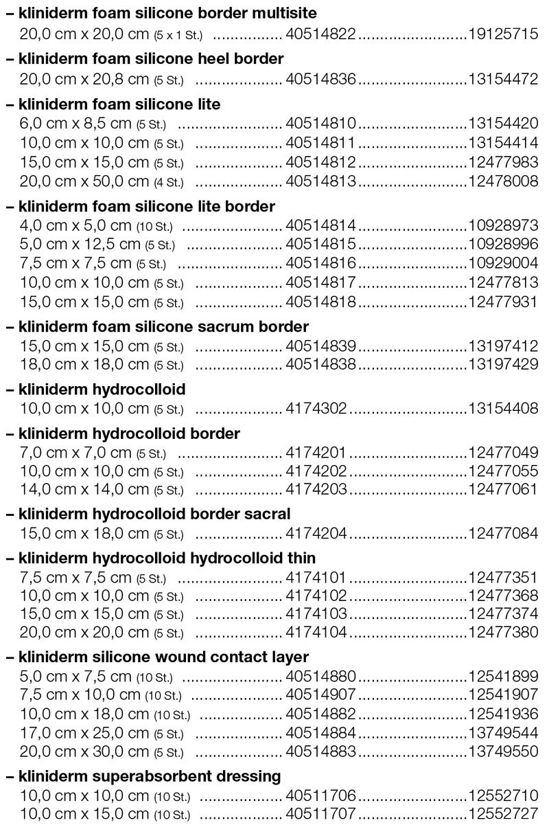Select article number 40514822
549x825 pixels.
tap(320, 34)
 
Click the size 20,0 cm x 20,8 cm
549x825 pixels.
tap(84, 80)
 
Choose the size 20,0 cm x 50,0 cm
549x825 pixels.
tap(84, 181)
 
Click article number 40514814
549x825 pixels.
tap(320, 225)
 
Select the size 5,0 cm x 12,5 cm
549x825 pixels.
tap(80, 245)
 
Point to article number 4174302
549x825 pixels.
tap(316, 409)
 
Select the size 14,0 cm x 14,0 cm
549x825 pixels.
tap(84, 490)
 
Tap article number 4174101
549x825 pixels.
tap(316, 577)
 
